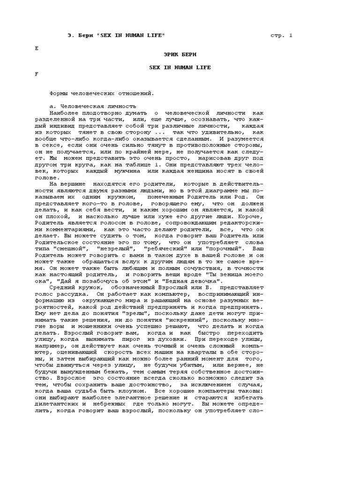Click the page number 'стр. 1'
pyautogui.click(x=281, y=36)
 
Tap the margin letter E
pyautogui.click(x=37, y=48)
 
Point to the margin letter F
pyautogui.click(x=37, y=74)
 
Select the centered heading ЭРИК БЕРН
pyautogui.click(x=180, y=55)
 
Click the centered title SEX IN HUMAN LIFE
pyautogui.click(x=180, y=67)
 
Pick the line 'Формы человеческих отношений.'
pyautogui.click(x=102, y=94)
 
